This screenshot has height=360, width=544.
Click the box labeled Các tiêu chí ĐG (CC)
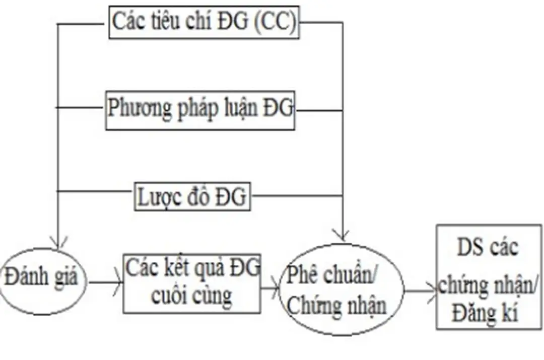(x=204, y=23)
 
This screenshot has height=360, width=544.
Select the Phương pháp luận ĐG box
(x=200, y=109)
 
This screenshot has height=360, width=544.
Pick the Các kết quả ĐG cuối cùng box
(x=192, y=283)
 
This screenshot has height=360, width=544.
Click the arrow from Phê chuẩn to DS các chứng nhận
(x=420, y=291)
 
